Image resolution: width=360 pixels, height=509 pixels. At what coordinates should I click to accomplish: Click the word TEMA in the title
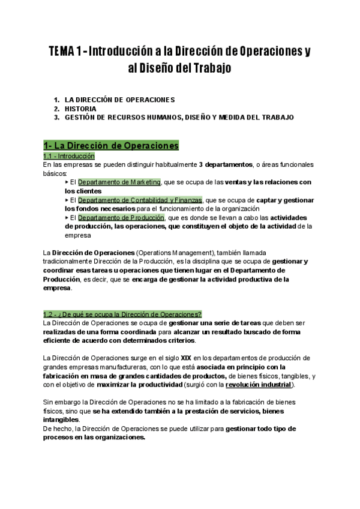coord(61,52)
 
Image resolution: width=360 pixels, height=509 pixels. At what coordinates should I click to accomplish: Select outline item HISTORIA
coord(80,109)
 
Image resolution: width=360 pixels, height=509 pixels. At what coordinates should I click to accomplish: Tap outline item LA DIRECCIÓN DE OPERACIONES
coord(120,100)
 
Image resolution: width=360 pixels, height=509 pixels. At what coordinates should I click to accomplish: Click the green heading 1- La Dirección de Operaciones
coord(111,145)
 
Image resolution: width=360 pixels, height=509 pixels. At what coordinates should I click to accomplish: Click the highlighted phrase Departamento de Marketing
coord(119,182)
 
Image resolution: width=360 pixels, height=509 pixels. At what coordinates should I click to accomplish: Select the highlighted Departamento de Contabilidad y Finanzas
coord(140,200)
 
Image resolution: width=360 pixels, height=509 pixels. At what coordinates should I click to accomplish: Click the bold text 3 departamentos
coord(225,164)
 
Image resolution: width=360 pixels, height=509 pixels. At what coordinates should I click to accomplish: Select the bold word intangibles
coord(61,420)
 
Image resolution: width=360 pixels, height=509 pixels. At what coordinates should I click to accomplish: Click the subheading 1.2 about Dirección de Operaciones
coord(122,314)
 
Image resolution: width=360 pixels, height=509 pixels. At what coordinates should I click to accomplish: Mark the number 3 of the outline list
coord(56,118)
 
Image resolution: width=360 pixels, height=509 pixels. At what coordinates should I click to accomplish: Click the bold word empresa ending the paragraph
coord(57,288)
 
